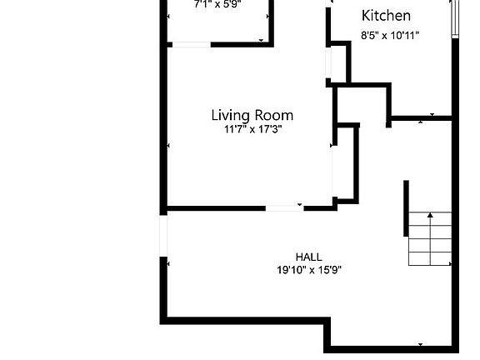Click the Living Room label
pos(252,115)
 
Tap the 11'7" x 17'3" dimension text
pos(252,129)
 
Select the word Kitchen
pos(386,16)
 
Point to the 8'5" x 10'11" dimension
pos(390,35)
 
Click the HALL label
pos(308,257)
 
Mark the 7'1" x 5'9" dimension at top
pos(217,3)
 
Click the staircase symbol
pos(430,238)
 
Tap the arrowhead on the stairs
pos(430,215)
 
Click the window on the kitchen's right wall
pos(455,18)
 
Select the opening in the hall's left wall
pos(164,235)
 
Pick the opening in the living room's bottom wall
pos(285,207)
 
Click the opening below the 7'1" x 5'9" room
pos(190,43)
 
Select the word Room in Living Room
pos(276,115)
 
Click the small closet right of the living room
pos(346,162)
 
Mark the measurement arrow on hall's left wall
pos(169,264)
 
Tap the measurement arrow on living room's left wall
pos(169,146)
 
